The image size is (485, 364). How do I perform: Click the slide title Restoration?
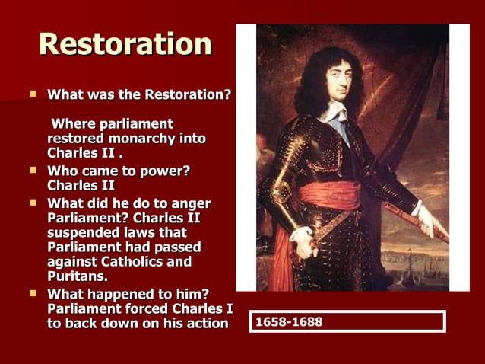[125, 44]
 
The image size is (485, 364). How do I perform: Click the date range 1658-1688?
[289, 322]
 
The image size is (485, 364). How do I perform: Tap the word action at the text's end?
[207, 323]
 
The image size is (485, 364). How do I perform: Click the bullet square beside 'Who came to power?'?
[33, 170]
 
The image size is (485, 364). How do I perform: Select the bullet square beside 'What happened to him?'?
[33, 293]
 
